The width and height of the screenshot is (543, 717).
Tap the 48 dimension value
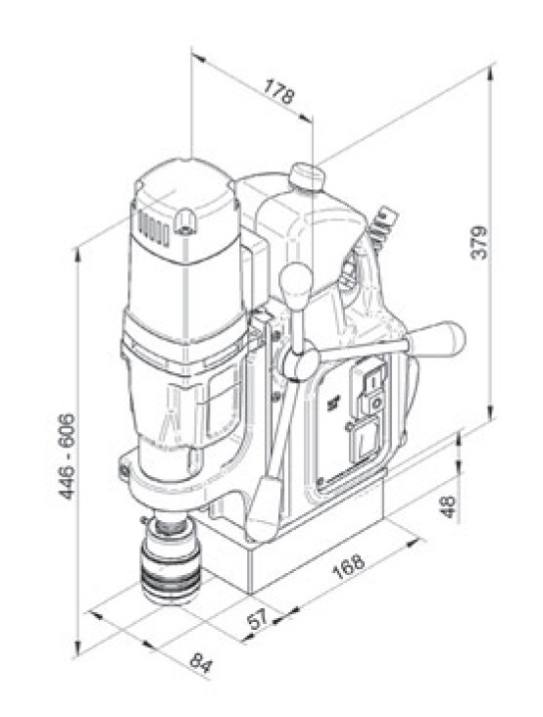click(x=449, y=507)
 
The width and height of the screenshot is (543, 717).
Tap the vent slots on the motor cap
click(x=147, y=227)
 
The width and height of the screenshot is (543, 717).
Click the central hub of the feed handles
click(x=297, y=364)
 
